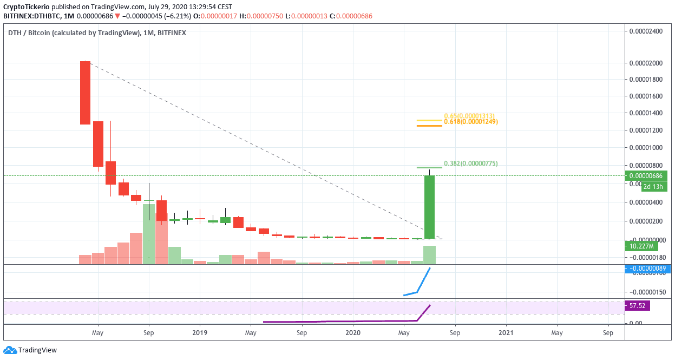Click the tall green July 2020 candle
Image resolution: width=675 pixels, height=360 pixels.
coord(429,207)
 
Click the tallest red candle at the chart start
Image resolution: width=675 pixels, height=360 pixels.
coord(85,93)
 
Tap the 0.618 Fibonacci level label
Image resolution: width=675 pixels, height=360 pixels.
coord(470,122)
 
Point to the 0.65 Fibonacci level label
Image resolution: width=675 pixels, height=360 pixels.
coord(469,116)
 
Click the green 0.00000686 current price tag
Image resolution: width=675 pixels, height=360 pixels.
coord(646,176)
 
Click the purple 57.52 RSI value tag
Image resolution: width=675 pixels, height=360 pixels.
coord(637,306)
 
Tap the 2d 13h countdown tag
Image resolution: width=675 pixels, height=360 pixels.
coord(653,187)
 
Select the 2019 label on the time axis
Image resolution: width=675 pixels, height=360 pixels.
coord(200,333)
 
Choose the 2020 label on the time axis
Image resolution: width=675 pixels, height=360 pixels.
coord(353,333)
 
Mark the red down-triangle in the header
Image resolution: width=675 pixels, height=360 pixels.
coord(117,16)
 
